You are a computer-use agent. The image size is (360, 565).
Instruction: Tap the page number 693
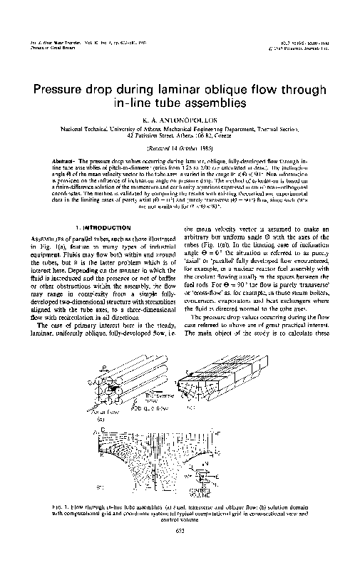pyautogui.click(x=180, y=549)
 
